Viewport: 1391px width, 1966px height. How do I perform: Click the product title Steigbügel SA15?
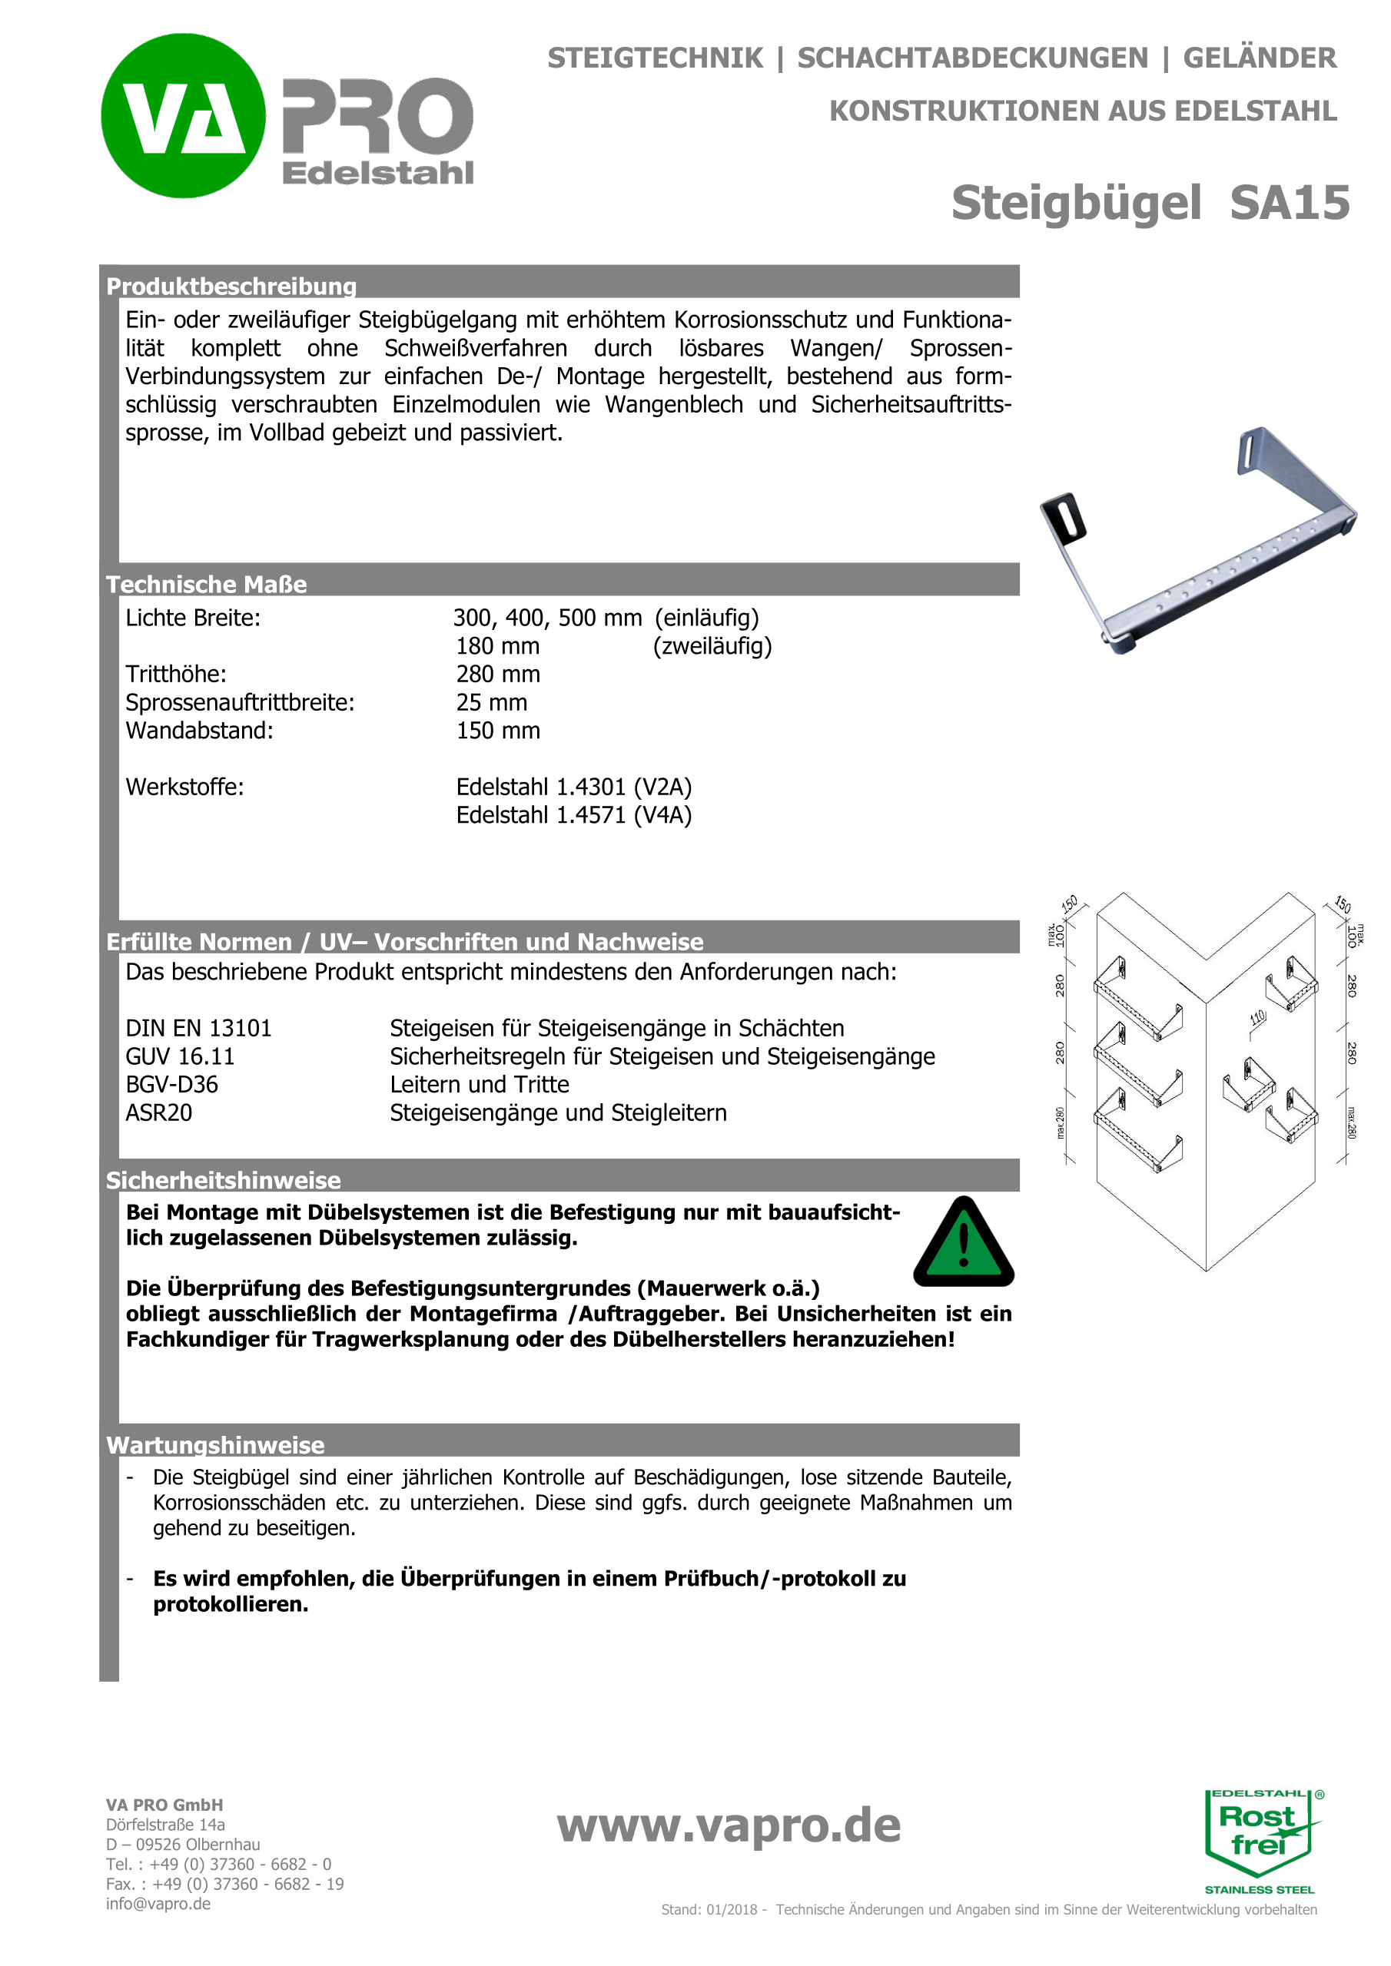1150,203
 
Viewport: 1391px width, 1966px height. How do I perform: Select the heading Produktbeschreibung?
231,286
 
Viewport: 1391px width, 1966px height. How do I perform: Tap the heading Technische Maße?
207,584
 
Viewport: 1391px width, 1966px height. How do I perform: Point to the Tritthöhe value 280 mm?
498,675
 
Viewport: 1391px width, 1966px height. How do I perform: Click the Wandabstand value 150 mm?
498,731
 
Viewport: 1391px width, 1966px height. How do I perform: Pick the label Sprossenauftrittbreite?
240,703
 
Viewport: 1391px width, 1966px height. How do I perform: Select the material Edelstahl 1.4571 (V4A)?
574,815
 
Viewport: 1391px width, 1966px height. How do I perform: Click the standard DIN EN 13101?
199,1029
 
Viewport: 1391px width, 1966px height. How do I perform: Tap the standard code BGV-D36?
172,1085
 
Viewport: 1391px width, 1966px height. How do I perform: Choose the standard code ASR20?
159,1113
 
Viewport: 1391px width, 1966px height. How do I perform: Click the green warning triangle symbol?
964,1243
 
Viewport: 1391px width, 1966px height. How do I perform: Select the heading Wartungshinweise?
215,1445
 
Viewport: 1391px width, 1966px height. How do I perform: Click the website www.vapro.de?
729,1825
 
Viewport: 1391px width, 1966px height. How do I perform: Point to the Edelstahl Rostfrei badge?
1259,1840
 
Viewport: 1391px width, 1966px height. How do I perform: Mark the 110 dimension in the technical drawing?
1257,1017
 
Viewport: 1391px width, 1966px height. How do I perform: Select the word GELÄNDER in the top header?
1259,58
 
